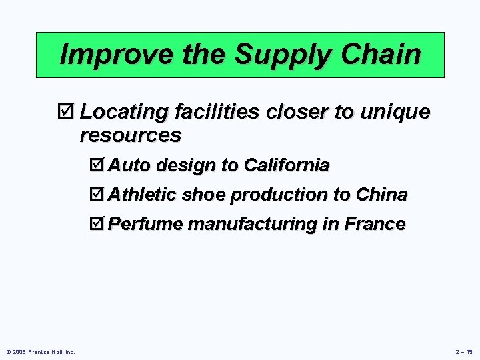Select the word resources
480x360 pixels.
pyautogui.click(x=130, y=135)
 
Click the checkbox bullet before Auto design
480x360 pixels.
pyautogui.click(x=97, y=165)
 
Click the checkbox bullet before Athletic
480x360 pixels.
pyautogui.click(x=97, y=195)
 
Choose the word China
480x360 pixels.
pyautogui.click(x=381, y=195)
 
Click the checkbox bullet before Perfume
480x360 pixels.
pyautogui.click(x=97, y=224)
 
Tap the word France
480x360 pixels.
pyautogui.click(x=375, y=224)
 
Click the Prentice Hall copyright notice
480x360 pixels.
pyautogui.click(x=40, y=352)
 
